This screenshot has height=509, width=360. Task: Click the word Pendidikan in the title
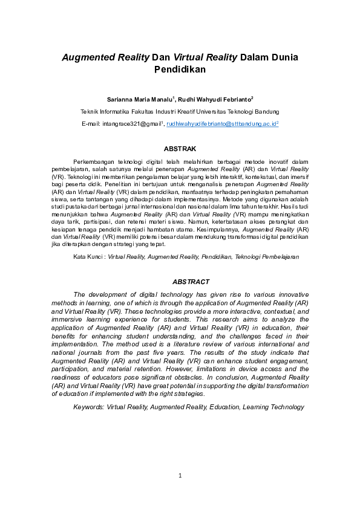coord(180,69)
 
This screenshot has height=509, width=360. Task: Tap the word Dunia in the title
coord(280,57)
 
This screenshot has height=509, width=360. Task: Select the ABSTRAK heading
coord(180,148)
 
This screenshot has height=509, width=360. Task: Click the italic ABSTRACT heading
coord(191,282)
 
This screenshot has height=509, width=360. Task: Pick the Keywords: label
coord(89,407)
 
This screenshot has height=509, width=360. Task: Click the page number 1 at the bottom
coord(180,476)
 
